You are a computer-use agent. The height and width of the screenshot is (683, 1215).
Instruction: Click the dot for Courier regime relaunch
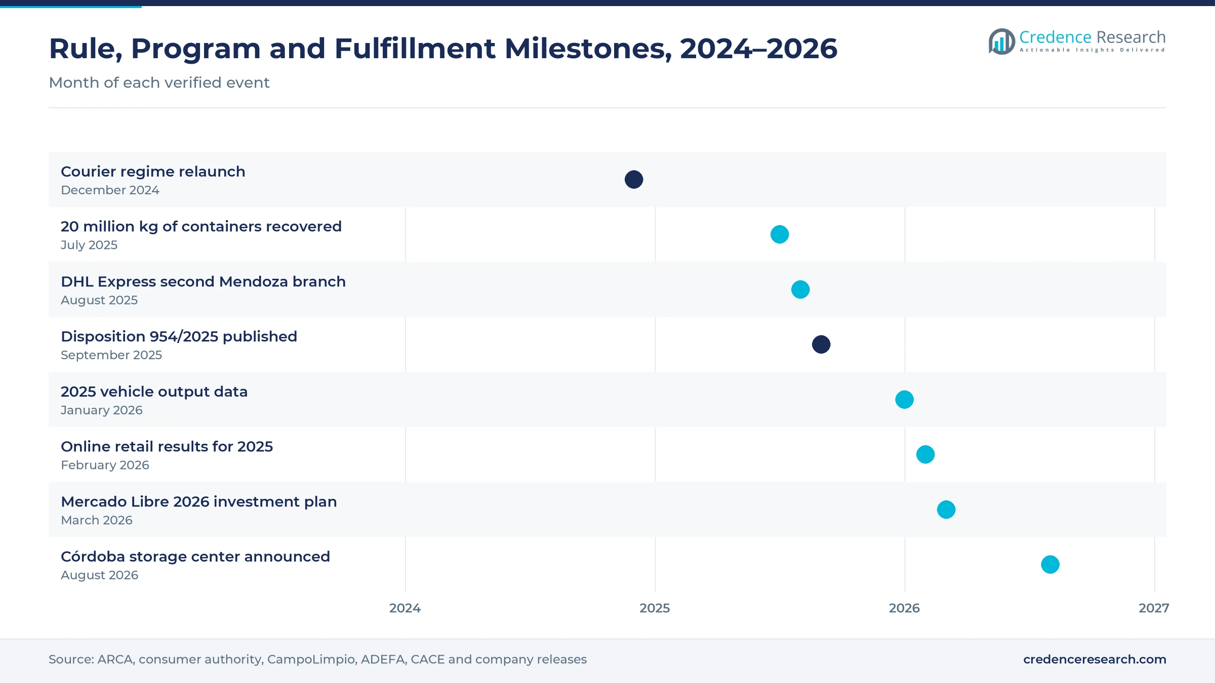634,180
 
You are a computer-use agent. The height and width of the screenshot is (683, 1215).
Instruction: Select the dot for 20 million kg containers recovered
780,234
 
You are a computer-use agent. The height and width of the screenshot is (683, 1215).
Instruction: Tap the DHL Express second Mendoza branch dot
800,289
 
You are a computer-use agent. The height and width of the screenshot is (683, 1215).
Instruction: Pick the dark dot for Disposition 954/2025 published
821,345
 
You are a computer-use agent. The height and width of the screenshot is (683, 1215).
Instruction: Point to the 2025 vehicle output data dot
905,400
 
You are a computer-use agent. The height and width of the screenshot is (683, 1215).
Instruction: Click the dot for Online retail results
925,454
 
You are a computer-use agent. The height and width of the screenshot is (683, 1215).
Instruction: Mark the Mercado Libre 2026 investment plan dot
946,509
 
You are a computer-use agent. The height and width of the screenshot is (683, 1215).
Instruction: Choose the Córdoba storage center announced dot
1050,565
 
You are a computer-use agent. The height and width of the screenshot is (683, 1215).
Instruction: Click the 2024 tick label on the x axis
405,608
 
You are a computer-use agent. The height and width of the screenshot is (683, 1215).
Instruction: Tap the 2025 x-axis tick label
655,608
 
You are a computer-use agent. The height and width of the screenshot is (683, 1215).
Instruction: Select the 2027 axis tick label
1154,608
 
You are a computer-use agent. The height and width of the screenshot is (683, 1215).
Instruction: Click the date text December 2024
110,190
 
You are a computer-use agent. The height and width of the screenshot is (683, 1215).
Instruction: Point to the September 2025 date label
111,355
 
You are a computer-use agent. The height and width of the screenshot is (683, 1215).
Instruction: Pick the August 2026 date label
99,575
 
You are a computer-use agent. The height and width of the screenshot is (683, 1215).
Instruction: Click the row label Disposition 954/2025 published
179,336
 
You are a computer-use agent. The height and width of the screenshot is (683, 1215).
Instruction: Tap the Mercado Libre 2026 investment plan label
198,502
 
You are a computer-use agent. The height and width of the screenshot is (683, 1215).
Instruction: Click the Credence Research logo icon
1001,41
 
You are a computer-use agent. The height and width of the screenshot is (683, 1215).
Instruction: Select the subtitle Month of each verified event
159,82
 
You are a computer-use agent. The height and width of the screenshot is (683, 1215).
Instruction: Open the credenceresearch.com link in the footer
1095,659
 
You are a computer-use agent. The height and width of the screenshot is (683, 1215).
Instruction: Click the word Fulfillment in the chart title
415,49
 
